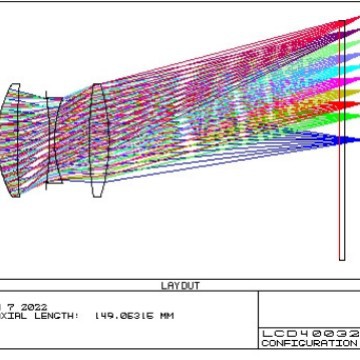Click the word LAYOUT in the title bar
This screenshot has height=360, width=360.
(180, 286)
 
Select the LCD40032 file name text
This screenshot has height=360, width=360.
(310, 332)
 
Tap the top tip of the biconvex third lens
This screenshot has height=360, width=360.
(95, 84)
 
